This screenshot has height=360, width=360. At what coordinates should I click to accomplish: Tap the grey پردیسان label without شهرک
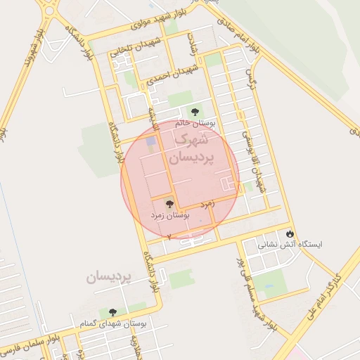click(109, 278)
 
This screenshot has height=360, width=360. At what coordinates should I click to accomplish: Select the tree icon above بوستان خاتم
click(195, 111)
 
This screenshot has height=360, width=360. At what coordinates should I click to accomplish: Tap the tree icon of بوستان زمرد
click(169, 203)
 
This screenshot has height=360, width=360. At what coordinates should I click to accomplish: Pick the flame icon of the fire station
click(290, 233)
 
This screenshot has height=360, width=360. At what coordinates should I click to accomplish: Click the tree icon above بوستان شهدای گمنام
click(112, 312)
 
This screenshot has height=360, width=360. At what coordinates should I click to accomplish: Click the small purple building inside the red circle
click(150, 143)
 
